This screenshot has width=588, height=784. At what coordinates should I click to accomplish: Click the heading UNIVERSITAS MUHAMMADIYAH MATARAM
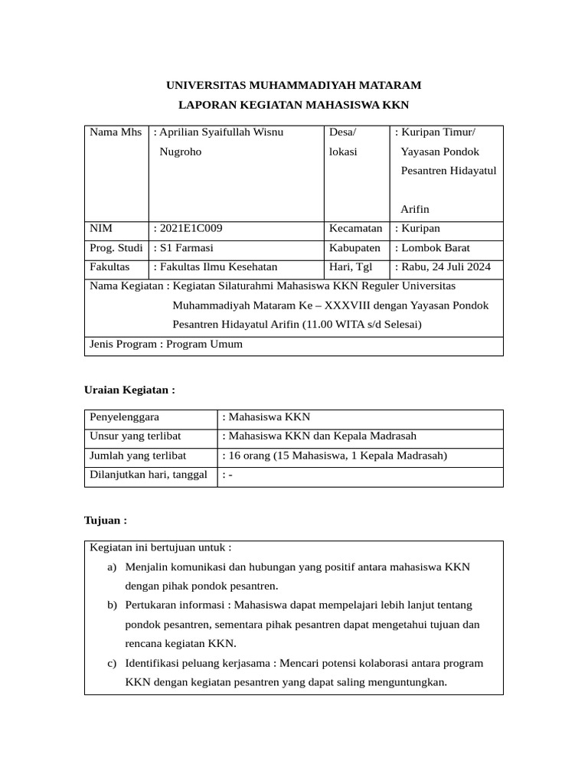(294, 85)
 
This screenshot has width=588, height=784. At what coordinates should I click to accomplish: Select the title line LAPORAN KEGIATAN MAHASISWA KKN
(294, 105)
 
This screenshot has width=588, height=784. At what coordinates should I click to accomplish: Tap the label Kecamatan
(355, 228)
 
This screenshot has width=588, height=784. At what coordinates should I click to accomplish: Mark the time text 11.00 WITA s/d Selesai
(361, 325)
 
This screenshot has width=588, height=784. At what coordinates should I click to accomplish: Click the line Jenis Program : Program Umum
(166, 344)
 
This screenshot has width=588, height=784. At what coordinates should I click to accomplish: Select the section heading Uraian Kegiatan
(129, 390)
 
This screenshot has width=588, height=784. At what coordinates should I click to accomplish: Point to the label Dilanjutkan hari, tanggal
(149, 475)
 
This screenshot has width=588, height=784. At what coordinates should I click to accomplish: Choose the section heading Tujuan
(105, 520)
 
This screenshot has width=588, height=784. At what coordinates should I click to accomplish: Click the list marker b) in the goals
(113, 605)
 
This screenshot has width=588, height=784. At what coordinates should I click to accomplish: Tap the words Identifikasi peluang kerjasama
(197, 663)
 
